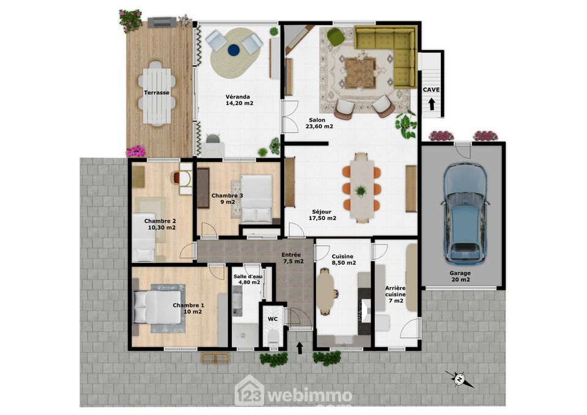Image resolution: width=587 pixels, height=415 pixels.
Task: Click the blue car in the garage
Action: pyautogui.click(x=465, y=213)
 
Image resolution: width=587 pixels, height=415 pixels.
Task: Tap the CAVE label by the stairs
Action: pyautogui.click(x=431, y=90)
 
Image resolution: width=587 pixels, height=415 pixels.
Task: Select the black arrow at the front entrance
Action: pyautogui.click(x=300, y=348)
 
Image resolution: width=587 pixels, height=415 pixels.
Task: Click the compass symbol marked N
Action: pyautogui.click(x=459, y=379)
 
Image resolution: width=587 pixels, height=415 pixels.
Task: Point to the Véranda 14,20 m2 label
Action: pyautogui.click(x=239, y=100)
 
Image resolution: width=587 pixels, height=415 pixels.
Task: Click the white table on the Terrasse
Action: pyautogui.click(x=157, y=92)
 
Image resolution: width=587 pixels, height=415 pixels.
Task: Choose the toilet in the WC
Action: pyautogui.click(x=273, y=338)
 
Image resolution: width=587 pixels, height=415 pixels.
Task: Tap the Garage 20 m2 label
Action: pyautogui.click(x=460, y=276)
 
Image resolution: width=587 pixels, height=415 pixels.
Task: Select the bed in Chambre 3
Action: pyautogui.click(x=256, y=199)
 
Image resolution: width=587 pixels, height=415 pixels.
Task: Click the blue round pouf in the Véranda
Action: pyautogui.click(x=233, y=50)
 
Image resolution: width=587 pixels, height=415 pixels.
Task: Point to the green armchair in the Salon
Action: pyautogui.click(x=336, y=37)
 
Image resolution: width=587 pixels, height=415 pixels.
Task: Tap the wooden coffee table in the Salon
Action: pyautogui.click(x=360, y=73)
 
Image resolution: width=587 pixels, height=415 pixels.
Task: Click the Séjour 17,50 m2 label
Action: pyautogui.click(x=322, y=215)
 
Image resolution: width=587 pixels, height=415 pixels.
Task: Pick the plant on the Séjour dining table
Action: pyautogui.click(x=361, y=191)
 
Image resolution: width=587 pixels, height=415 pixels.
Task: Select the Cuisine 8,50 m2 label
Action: pyautogui.click(x=344, y=260)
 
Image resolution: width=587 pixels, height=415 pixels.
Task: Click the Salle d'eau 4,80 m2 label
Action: pyautogui.click(x=248, y=279)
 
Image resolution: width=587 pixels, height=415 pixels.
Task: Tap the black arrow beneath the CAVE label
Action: pyautogui.click(x=431, y=104)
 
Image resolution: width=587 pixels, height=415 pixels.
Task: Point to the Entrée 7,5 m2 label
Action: pyautogui.click(x=292, y=258)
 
